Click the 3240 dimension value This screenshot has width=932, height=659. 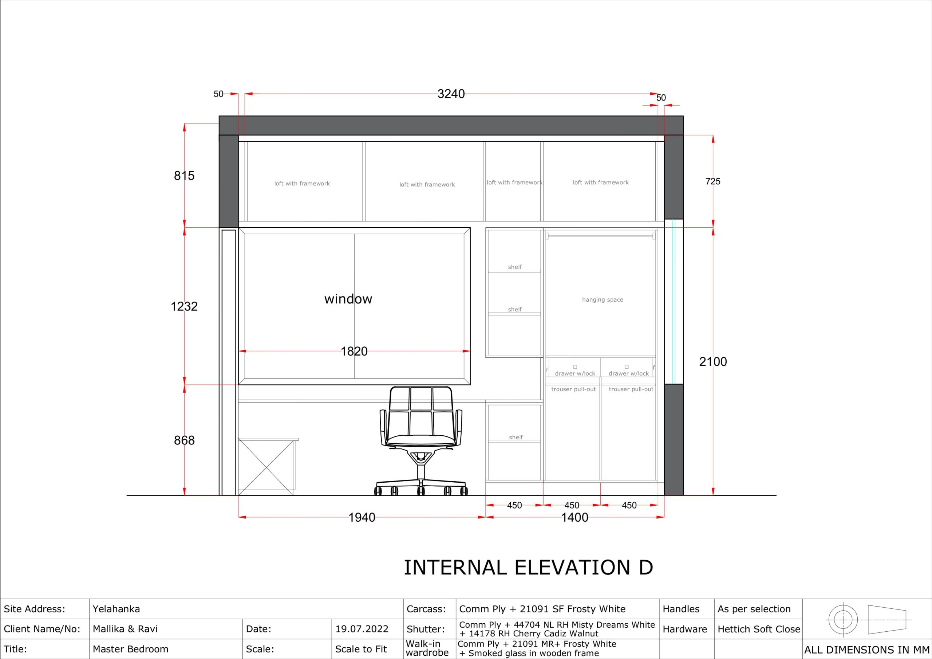tap(451, 94)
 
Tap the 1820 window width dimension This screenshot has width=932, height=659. tap(354, 352)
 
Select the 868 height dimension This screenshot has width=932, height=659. tap(184, 440)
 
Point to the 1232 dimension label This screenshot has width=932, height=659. tap(184, 306)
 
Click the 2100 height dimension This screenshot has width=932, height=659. tap(713, 362)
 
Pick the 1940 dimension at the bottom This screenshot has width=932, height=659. tap(362, 517)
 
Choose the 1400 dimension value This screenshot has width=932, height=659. tap(574, 517)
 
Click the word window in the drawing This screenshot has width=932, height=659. tap(348, 299)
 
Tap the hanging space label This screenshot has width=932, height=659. tap(603, 300)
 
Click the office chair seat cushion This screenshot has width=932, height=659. tap(420, 440)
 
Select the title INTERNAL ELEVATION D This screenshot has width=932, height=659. tap(529, 568)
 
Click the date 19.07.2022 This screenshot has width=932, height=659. tap(362, 629)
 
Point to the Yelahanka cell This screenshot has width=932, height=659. tap(116, 609)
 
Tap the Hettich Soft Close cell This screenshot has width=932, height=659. tap(759, 629)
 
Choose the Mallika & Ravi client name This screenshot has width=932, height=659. tap(125, 629)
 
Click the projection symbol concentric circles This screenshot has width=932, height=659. tap(843, 620)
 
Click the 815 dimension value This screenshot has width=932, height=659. tap(184, 176)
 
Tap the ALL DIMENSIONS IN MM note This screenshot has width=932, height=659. tap(866, 650)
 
